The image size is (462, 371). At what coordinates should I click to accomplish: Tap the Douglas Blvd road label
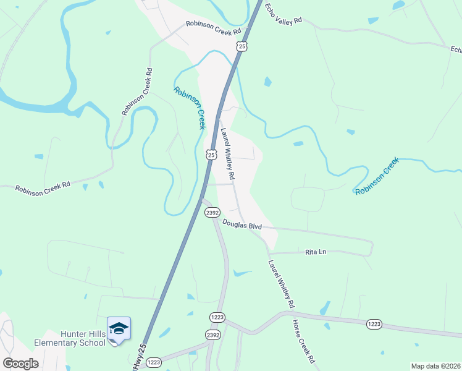242,226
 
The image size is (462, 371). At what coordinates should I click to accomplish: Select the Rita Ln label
315,252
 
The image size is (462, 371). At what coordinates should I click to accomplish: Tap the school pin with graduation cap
119,330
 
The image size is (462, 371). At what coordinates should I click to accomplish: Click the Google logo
20,364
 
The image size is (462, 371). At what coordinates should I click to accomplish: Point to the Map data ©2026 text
435,366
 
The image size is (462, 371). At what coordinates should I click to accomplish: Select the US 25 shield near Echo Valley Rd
241,46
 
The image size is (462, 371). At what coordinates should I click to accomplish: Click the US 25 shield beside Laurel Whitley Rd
211,155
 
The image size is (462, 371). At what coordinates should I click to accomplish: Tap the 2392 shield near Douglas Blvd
212,212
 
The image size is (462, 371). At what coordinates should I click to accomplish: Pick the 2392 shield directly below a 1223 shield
212,335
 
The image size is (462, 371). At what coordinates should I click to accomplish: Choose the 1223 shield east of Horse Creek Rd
374,323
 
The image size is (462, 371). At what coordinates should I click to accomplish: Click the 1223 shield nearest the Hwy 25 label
154,362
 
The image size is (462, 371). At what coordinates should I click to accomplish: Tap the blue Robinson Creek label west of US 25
189,108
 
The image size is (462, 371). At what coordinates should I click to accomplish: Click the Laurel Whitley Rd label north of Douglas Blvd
227,155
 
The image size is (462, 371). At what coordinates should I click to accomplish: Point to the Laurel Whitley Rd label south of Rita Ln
281,284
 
